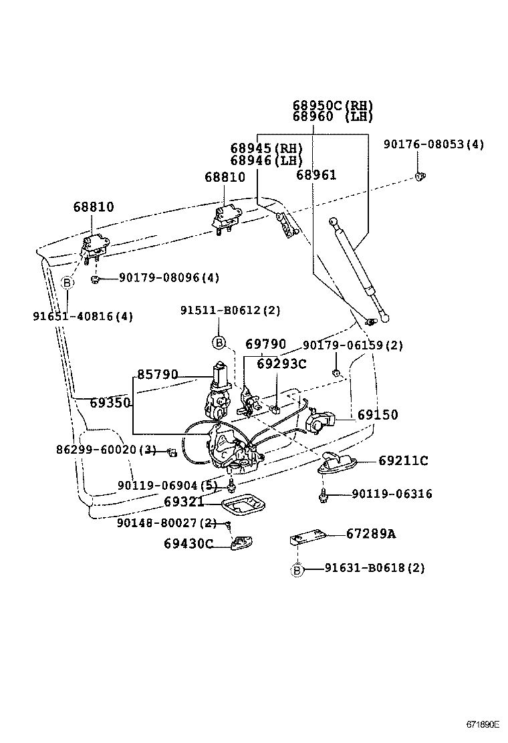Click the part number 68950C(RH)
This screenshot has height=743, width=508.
[x=332, y=106]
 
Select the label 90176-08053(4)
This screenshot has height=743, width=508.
[x=434, y=144]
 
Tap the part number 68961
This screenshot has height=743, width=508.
[x=316, y=175]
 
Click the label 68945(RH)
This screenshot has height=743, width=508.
[x=266, y=148]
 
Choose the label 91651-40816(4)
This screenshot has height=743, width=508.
[x=83, y=317]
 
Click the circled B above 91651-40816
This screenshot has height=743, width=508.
[x=68, y=283]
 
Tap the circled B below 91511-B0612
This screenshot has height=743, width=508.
[x=219, y=343]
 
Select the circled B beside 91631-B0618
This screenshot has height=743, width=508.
[x=297, y=569]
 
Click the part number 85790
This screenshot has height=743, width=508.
[x=158, y=375]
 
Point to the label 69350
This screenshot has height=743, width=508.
[x=110, y=403]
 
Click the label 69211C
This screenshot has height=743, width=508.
[x=402, y=460]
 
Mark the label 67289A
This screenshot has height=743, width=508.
[x=370, y=533]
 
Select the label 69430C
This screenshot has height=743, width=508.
[x=188, y=544]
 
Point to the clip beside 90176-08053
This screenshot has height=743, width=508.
[x=420, y=176]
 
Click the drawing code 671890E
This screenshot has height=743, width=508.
[x=483, y=724]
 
